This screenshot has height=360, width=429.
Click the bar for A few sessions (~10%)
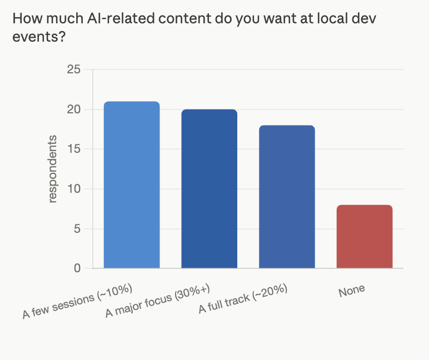tap(132, 185)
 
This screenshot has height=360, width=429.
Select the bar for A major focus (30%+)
tap(209, 189)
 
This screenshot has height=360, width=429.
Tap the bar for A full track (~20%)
tap(287, 197)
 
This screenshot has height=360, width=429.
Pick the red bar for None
tap(365, 237)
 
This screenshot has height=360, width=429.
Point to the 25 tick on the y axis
tap(74, 69)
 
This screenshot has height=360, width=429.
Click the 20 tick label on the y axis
tap(74, 109)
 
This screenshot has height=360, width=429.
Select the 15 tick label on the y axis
tap(74, 149)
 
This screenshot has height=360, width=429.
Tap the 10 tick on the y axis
tap(74, 189)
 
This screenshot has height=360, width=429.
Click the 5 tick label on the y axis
tap(77, 229)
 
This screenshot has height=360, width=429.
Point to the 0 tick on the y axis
tap(77, 268)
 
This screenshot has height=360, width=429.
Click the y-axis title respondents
tap(53, 169)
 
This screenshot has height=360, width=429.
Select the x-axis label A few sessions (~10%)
tap(77, 301)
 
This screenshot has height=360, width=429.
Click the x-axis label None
tap(352, 289)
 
